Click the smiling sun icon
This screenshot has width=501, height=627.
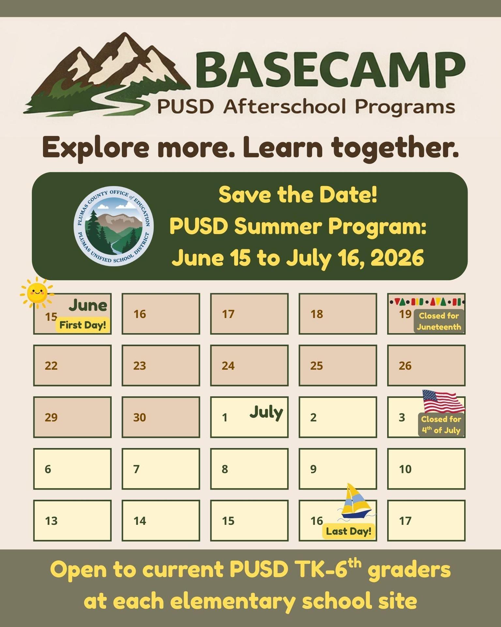(x=37, y=292)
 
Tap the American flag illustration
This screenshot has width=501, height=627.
(x=443, y=401)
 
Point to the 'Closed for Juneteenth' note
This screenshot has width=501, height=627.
(x=439, y=321)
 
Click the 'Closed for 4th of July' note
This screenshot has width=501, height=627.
(x=441, y=425)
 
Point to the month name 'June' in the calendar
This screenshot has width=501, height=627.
(x=88, y=306)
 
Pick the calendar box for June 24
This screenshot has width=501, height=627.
(x=249, y=365)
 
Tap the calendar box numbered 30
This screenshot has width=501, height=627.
(x=161, y=417)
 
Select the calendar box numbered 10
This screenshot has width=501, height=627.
(x=426, y=469)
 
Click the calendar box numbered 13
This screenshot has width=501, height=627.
(x=72, y=521)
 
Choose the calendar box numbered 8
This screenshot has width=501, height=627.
(x=249, y=469)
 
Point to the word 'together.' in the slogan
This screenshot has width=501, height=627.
(x=395, y=148)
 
